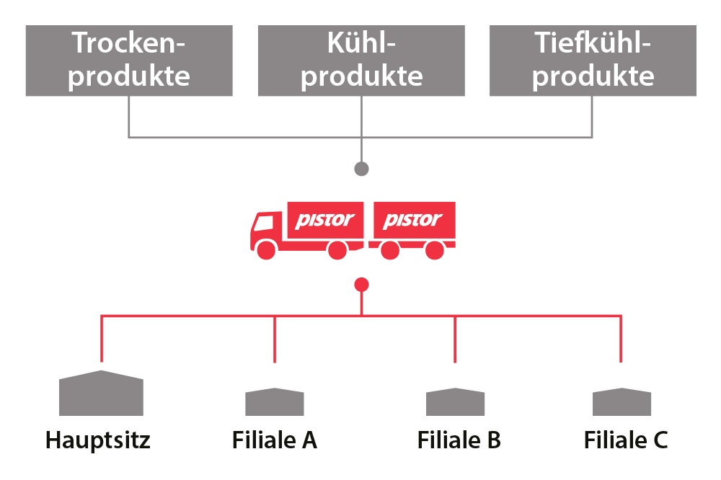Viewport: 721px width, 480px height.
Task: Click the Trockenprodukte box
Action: tap(129, 61)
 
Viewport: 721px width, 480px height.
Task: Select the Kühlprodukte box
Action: tap(361, 61)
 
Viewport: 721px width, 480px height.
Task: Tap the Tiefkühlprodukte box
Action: tap(593, 61)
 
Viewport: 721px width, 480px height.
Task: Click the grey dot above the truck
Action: tap(361, 169)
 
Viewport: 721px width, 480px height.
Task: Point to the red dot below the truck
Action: tap(361, 285)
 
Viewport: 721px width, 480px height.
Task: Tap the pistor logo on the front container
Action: tap(326, 220)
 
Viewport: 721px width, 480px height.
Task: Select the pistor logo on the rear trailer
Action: tap(413, 220)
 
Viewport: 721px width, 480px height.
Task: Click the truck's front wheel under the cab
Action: tap(267, 250)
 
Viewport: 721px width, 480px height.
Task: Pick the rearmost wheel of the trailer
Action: tap(434, 250)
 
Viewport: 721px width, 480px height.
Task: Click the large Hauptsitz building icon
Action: tap(101, 394)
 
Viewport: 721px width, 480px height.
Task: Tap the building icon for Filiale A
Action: tap(275, 401)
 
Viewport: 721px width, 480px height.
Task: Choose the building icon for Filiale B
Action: tap(455, 401)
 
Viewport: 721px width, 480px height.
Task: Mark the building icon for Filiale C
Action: tap(622, 401)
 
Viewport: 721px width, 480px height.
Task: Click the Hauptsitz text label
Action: tap(99, 439)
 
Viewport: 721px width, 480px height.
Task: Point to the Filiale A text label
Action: tap(275, 439)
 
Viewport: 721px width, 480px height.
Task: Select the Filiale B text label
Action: tap(459, 439)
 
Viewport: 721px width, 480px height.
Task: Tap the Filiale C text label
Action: tap(625, 439)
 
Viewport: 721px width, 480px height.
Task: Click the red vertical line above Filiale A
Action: tap(275, 339)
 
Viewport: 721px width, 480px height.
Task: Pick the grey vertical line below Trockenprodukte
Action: tap(129, 115)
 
